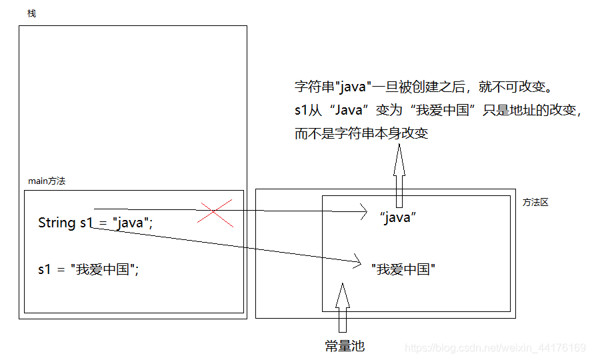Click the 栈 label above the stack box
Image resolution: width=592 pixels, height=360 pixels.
[31, 14]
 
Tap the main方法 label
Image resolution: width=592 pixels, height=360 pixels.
[47, 181]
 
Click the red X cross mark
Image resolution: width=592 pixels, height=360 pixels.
[213, 212]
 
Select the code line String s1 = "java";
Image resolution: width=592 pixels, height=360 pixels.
[95, 223]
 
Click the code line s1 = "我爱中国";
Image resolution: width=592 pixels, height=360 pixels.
[88, 270]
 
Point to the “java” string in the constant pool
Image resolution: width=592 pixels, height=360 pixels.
[397, 217]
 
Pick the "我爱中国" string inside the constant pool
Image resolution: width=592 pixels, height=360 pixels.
[403, 269]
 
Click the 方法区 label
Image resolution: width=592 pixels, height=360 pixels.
[535, 202]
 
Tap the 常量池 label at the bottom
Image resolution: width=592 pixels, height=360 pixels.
[345, 346]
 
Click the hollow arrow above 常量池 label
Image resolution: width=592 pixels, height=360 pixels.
[342, 307]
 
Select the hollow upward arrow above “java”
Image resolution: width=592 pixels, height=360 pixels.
[399, 175]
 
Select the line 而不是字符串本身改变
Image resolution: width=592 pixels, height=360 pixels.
[361, 133]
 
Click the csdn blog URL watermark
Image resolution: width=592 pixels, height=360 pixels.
[495, 348]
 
